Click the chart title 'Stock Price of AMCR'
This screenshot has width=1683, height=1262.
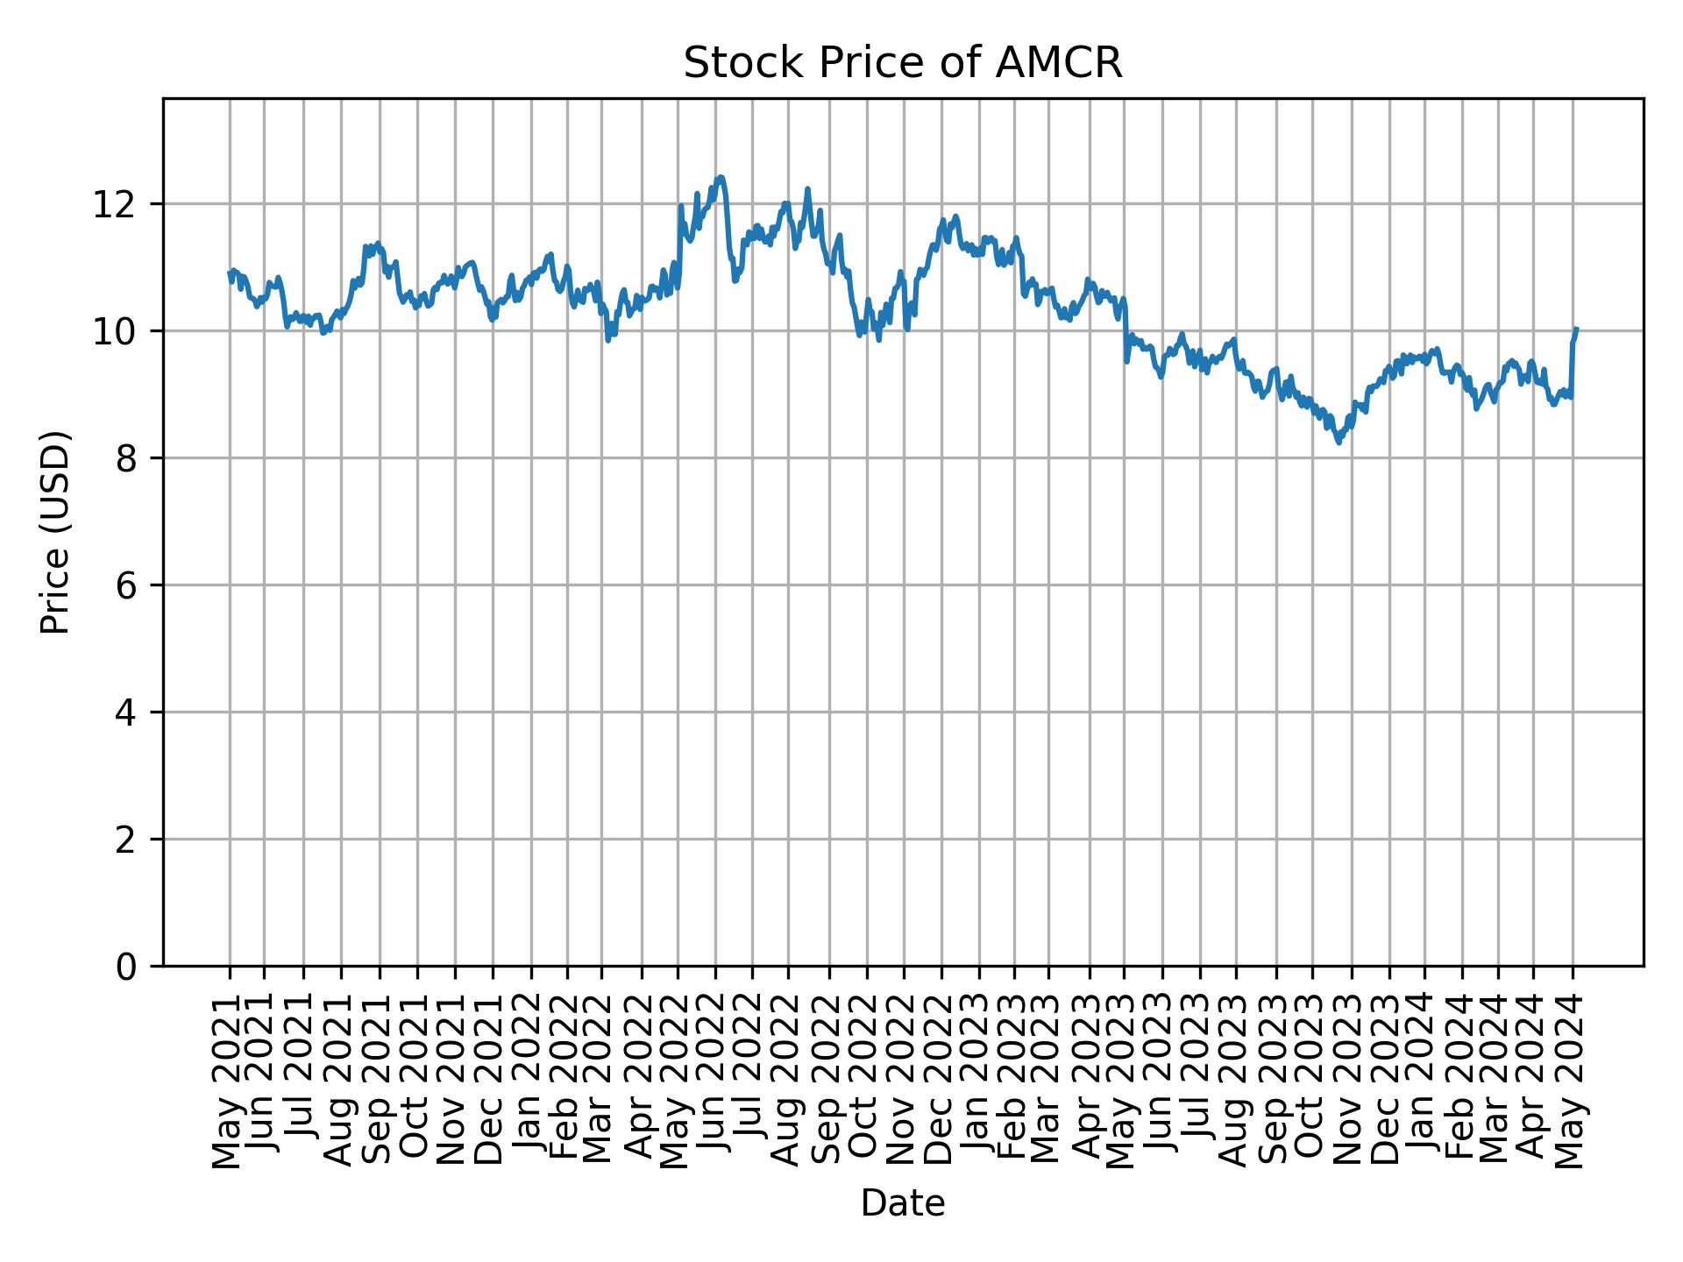pos(902,64)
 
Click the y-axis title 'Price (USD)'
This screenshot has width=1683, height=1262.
pos(55,532)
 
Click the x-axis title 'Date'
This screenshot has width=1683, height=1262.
pos(902,1203)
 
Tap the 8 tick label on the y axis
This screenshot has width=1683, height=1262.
pos(126,458)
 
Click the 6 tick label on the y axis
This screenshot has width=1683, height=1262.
pos(126,585)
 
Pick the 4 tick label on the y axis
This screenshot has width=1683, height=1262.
pos(126,713)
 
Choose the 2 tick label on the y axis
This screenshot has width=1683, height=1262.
pos(126,840)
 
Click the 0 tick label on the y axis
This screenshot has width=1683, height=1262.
pos(126,967)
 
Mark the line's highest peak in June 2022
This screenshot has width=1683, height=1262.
pos(721,177)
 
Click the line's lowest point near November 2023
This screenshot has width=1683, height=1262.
pos(1339,443)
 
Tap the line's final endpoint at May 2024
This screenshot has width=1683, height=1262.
pos(1576,330)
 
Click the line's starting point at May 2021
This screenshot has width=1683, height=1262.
pos(230,273)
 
